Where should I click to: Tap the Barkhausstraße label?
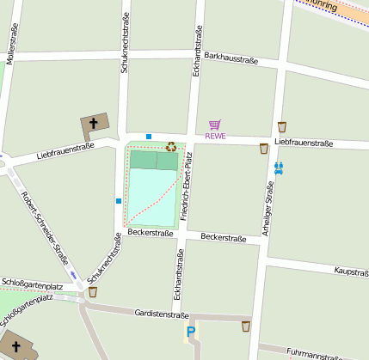[231, 58]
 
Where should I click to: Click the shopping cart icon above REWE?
[214, 125]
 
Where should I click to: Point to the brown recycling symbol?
[171, 147]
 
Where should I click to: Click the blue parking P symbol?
[191, 332]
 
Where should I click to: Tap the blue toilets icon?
[278, 168]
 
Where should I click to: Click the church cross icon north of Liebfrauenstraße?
[93, 125]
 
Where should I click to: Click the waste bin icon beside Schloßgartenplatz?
[93, 292]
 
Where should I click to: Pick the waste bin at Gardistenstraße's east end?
[246, 326]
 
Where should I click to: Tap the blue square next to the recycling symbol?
[149, 137]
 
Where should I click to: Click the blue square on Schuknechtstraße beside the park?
[119, 201]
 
